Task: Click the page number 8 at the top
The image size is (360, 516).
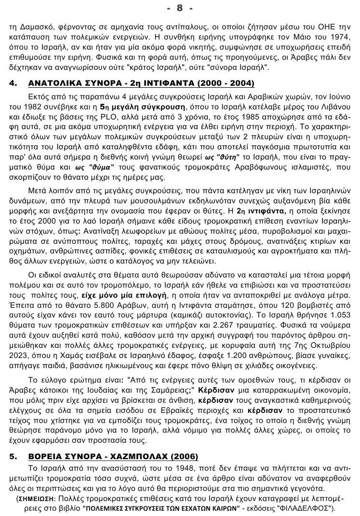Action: (180, 8)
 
